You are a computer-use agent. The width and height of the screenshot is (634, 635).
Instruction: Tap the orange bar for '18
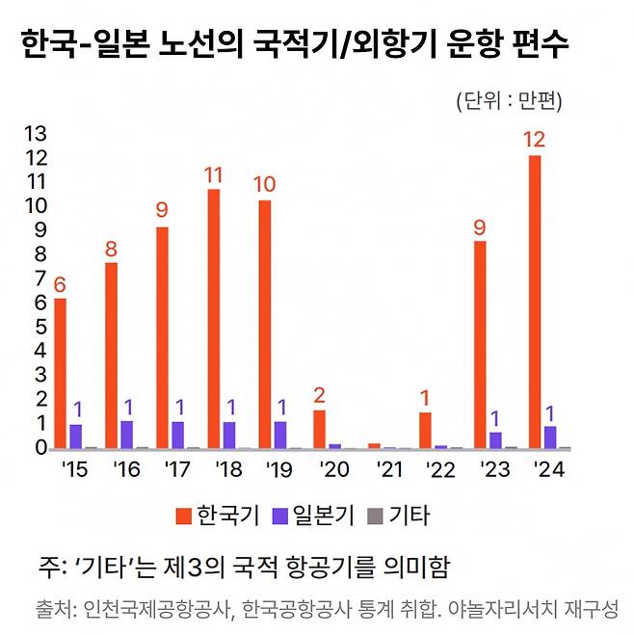[214, 319]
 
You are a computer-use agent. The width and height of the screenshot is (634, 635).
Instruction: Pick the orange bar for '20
[319, 430]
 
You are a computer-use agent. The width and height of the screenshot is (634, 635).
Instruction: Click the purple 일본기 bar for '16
[127, 435]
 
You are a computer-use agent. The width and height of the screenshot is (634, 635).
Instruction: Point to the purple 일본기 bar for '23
[495, 440]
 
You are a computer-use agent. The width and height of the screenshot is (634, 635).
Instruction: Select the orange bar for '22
[425, 431]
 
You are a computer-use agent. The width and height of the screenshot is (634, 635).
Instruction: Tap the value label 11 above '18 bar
[214, 175]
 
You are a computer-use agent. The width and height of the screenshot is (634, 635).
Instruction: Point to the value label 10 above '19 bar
[266, 185]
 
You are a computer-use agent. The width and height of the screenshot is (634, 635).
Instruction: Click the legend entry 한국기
[218, 515]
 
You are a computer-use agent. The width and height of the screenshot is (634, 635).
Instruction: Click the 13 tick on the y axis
[33, 132]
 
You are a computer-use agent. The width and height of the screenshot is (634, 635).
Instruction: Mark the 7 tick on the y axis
[39, 278]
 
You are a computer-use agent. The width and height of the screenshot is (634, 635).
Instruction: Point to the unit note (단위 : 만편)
[509, 100]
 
